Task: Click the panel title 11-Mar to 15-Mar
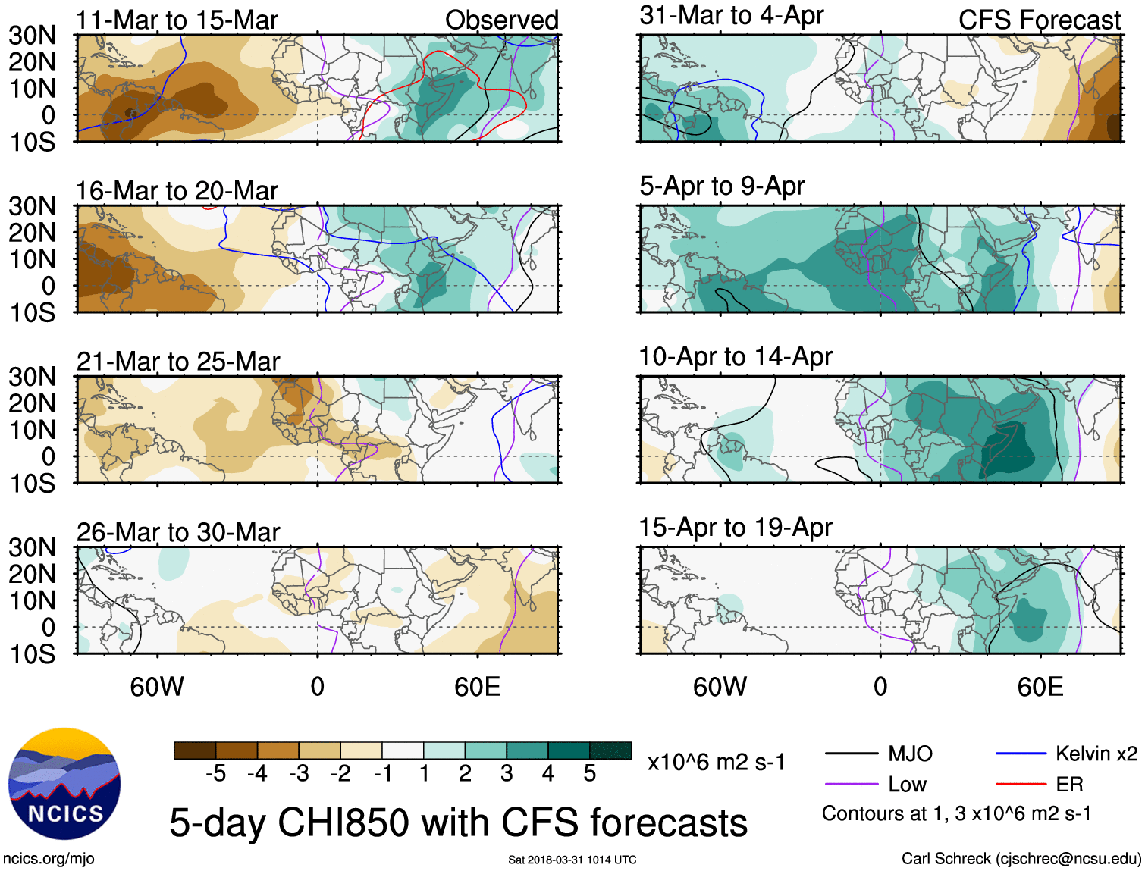pos(177,20)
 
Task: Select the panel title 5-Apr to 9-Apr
pos(721,186)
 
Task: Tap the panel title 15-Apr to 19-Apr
pos(735,527)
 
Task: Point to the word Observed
pos(501,20)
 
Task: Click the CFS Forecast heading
pos(1039,20)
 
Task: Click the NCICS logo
pos(64,784)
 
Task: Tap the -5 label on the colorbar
pos(215,773)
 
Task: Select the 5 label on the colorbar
pos(590,773)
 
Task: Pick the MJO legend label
pos(910,754)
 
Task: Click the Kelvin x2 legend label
pos(1096,754)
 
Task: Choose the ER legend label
pos(1069,784)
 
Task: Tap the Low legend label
pos(907,784)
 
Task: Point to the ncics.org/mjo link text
pos(49,858)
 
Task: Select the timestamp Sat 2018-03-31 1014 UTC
pos(572,860)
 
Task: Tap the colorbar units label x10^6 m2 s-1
pos(717,762)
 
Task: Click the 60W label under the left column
pos(157,687)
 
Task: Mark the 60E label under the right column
pos(1040,687)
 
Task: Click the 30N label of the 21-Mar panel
pos(33,377)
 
